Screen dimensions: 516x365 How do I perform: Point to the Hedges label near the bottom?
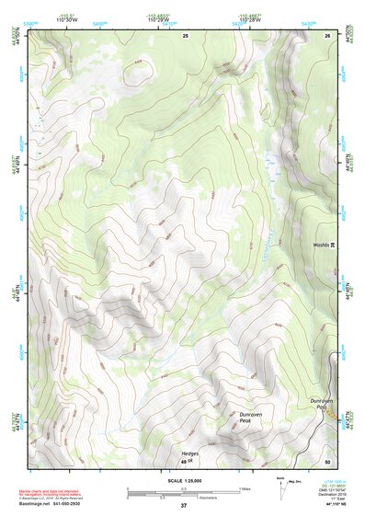click(190, 453)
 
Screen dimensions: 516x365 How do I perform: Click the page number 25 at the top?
click(185, 34)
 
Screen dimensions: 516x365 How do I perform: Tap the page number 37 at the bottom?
click(183, 505)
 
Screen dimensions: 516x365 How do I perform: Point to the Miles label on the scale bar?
click(245, 488)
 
